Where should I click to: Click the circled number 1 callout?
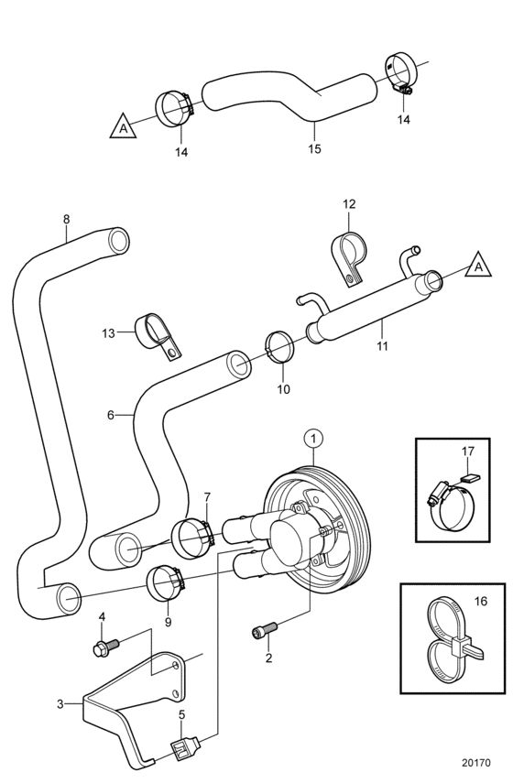pos(313,440)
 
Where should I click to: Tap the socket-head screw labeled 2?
pos(264,629)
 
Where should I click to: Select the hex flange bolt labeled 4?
pos(106,646)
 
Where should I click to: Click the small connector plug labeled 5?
pos(186,746)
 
